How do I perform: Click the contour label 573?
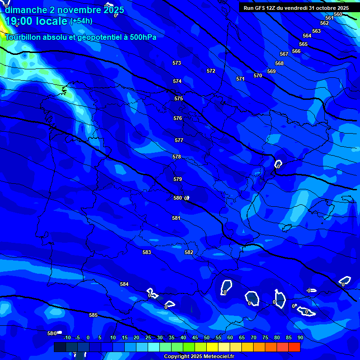click(177, 63)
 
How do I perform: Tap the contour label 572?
click(211, 71)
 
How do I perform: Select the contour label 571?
click(240, 79)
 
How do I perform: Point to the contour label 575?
click(179, 98)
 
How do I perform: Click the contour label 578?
click(177, 157)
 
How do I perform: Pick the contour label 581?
click(176, 218)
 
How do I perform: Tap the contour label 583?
click(147, 252)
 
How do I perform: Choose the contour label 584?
click(124, 284)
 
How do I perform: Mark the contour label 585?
click(93, 315)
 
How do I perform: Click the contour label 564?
click(307, 36)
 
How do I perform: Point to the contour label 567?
click(284, 54)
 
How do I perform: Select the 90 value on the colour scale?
click(300, 337)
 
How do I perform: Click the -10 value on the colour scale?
click(67, 337)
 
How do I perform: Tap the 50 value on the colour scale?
click(206, 337)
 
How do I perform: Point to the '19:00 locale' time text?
click(36, 21)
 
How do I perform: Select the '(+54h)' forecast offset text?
click(81, 21)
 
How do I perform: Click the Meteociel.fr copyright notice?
click(199, 356)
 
